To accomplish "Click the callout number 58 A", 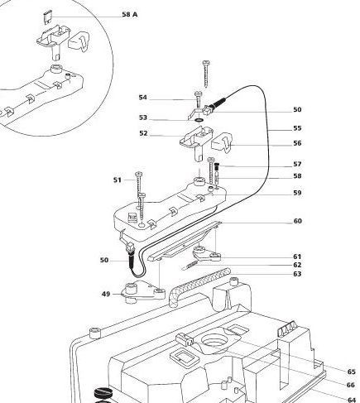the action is [x=130, y=15].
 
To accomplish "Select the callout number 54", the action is [x=143, y=98].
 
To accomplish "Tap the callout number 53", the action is [x=143, y=118].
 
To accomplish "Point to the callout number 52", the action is [x=143, y=133].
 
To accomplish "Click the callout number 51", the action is [x=118, y=180].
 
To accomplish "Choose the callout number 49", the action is [x=106, y=294].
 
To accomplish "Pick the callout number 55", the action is [x=297, y=128].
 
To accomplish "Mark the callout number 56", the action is [x=297, y=143].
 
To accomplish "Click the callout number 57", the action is [x=297, y=164].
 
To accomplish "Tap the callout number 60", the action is [x=298, y=221].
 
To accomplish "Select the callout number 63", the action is [x=297, y=274].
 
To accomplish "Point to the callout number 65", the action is [x=352, y=372].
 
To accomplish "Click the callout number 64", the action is [x=352, y=400].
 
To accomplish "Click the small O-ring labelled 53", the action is [x=199, y=120].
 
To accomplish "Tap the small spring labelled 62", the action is [x=190, y=266].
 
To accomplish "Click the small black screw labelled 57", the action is [x=217, y=166].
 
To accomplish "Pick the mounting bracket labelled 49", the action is [x=143, y=293].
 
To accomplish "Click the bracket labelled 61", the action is [x=207, y=254].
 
